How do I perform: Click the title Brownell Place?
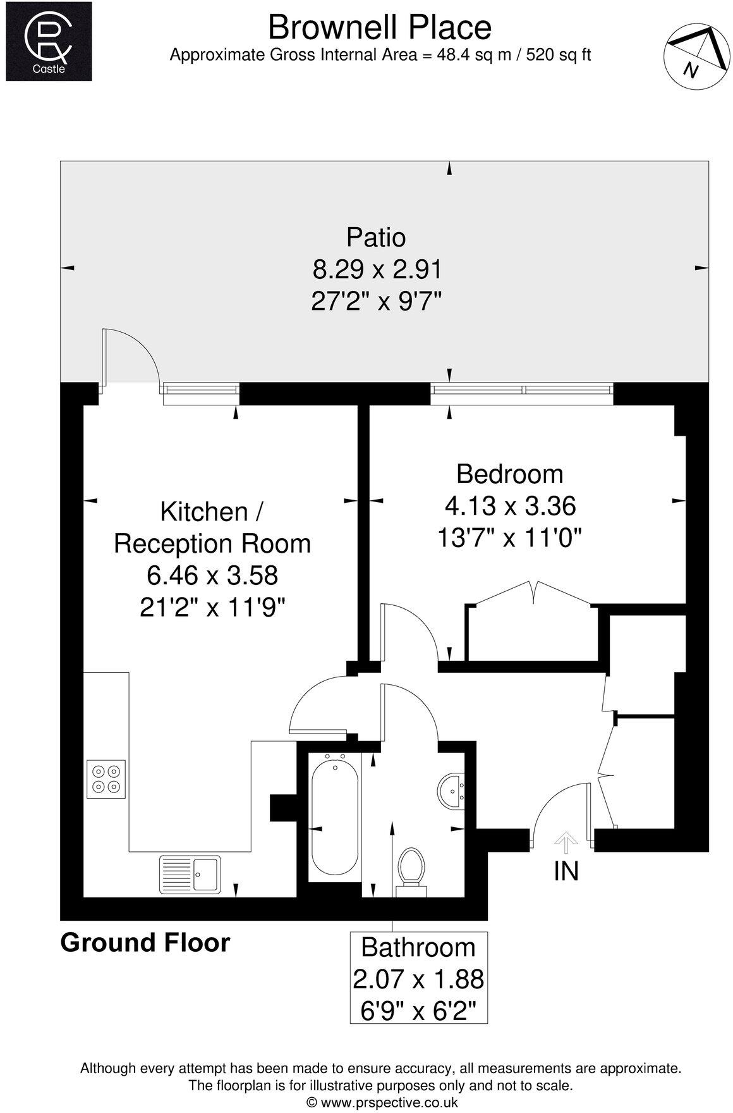tap(380, 27)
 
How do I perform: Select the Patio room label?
tap(375, 237)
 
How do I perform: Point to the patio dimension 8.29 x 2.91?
tap(377, 270)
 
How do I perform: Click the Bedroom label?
tap(509, 474)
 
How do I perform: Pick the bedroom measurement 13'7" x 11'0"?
tap(509, 539)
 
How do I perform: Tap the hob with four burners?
tap(106, 779)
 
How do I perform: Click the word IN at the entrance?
tap(566, 871)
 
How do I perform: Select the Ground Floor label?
tap(145, 943)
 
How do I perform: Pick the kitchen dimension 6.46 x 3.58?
tap(212, 576)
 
